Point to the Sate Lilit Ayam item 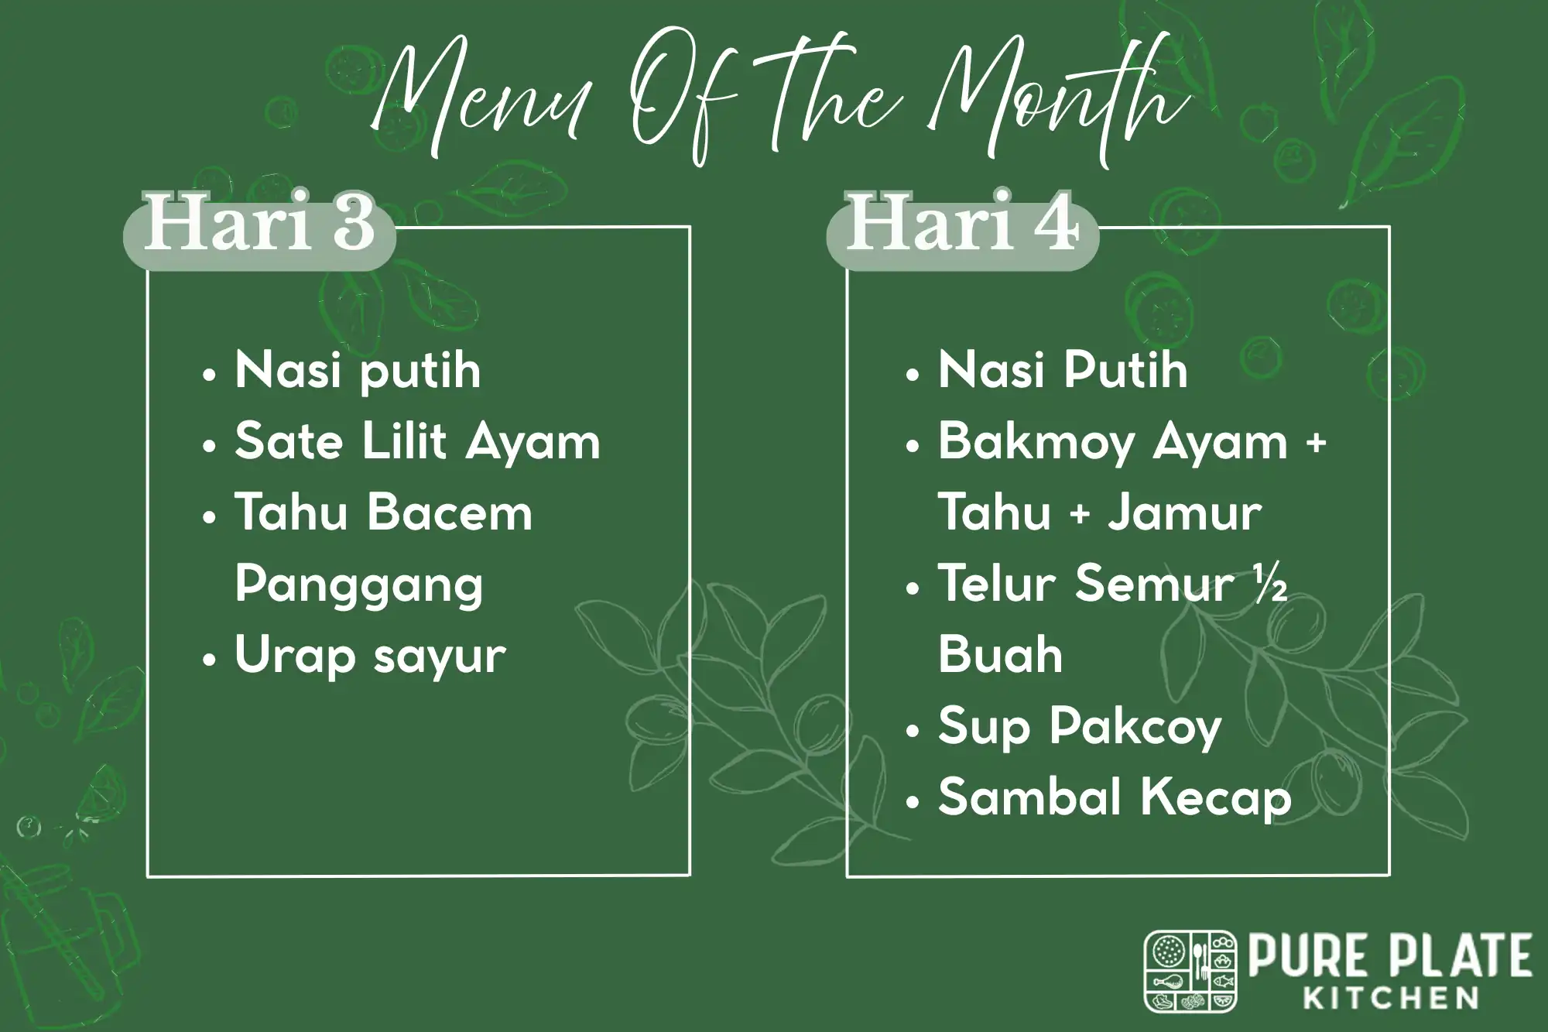point(417,442)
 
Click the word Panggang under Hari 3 point(358,585)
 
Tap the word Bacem point(450,513)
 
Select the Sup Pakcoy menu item point(1079,728)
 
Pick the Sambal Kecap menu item point(1115,797)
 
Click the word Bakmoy point(1037,442)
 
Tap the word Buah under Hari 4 point(1000,655)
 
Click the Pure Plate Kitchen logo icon point(1190,971)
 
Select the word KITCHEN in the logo point(1392,998)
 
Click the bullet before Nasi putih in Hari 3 point(208,375)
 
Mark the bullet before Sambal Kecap point(913,803)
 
